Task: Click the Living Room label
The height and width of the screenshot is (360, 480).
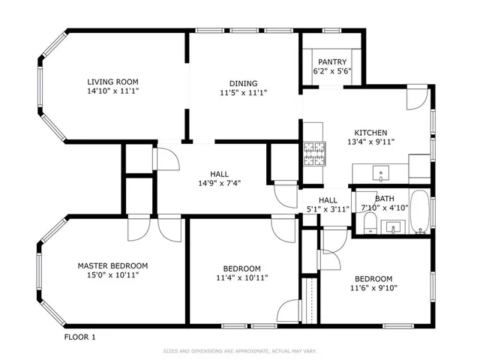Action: [112, 82]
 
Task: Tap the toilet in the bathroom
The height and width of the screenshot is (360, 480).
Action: [369, 222]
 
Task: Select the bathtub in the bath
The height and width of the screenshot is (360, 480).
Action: [421, 212]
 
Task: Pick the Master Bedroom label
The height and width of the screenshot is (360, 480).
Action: [112, 265]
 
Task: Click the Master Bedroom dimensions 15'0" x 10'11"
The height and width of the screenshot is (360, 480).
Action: [112, 275]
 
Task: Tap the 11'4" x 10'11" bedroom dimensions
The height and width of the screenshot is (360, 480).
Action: [241, 278]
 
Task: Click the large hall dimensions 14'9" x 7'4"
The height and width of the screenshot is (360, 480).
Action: [219, 182]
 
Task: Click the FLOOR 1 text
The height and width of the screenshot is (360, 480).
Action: [80, 337]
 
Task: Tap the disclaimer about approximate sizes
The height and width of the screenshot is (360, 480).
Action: [239, 350]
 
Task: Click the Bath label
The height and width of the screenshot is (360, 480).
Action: [385, 199]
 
